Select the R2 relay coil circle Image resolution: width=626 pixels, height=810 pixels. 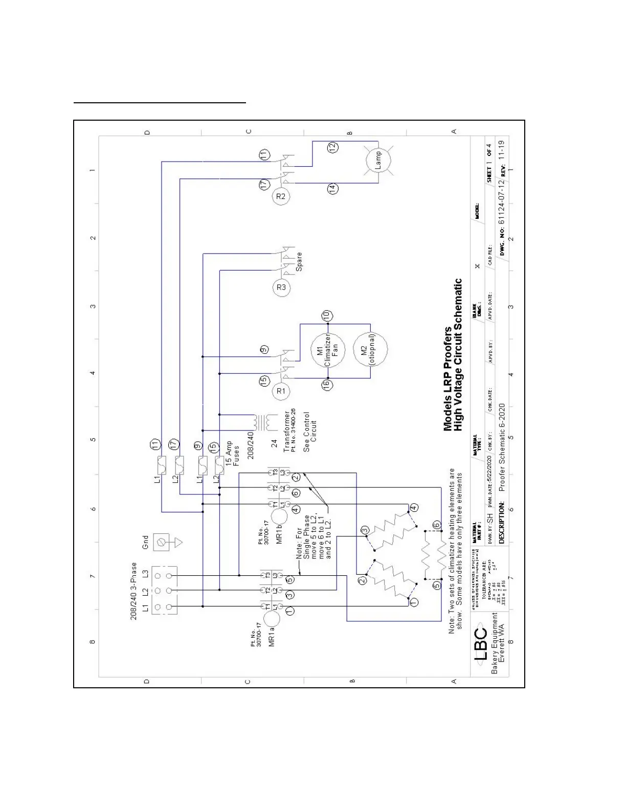click(x=281, y=196)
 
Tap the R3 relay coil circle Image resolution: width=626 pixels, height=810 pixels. click(x=281, y=287)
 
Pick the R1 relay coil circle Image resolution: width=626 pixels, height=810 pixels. click(x=281, y=391)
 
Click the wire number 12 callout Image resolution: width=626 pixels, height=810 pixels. click(x=332, y=147)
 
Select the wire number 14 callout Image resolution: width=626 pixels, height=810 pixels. click(x=332, y=188)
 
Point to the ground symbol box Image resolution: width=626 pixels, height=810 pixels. click(x=162, y=542)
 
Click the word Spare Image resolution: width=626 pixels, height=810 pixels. click(x=299, y=261)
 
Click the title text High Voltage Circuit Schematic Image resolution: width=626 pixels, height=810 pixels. click(x=458, y=354)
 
